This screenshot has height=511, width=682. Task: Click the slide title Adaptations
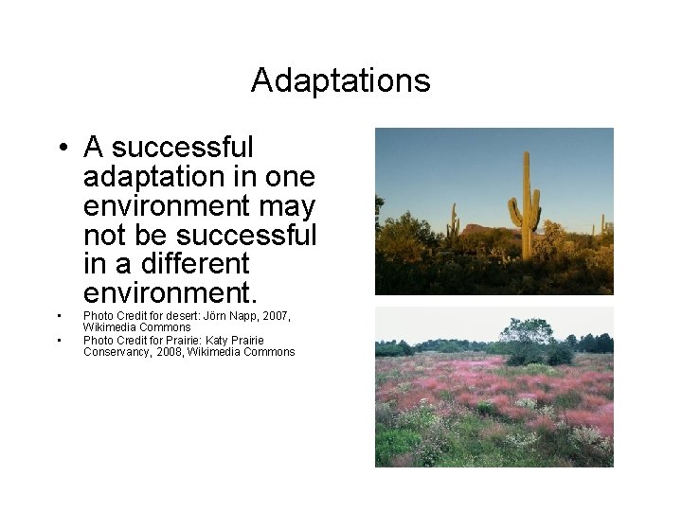click(340, 80)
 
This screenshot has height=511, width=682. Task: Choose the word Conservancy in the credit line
click(117, 352)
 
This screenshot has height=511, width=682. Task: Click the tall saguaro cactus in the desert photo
click(525, 208)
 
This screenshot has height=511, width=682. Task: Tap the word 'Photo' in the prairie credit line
click(99, 340)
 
